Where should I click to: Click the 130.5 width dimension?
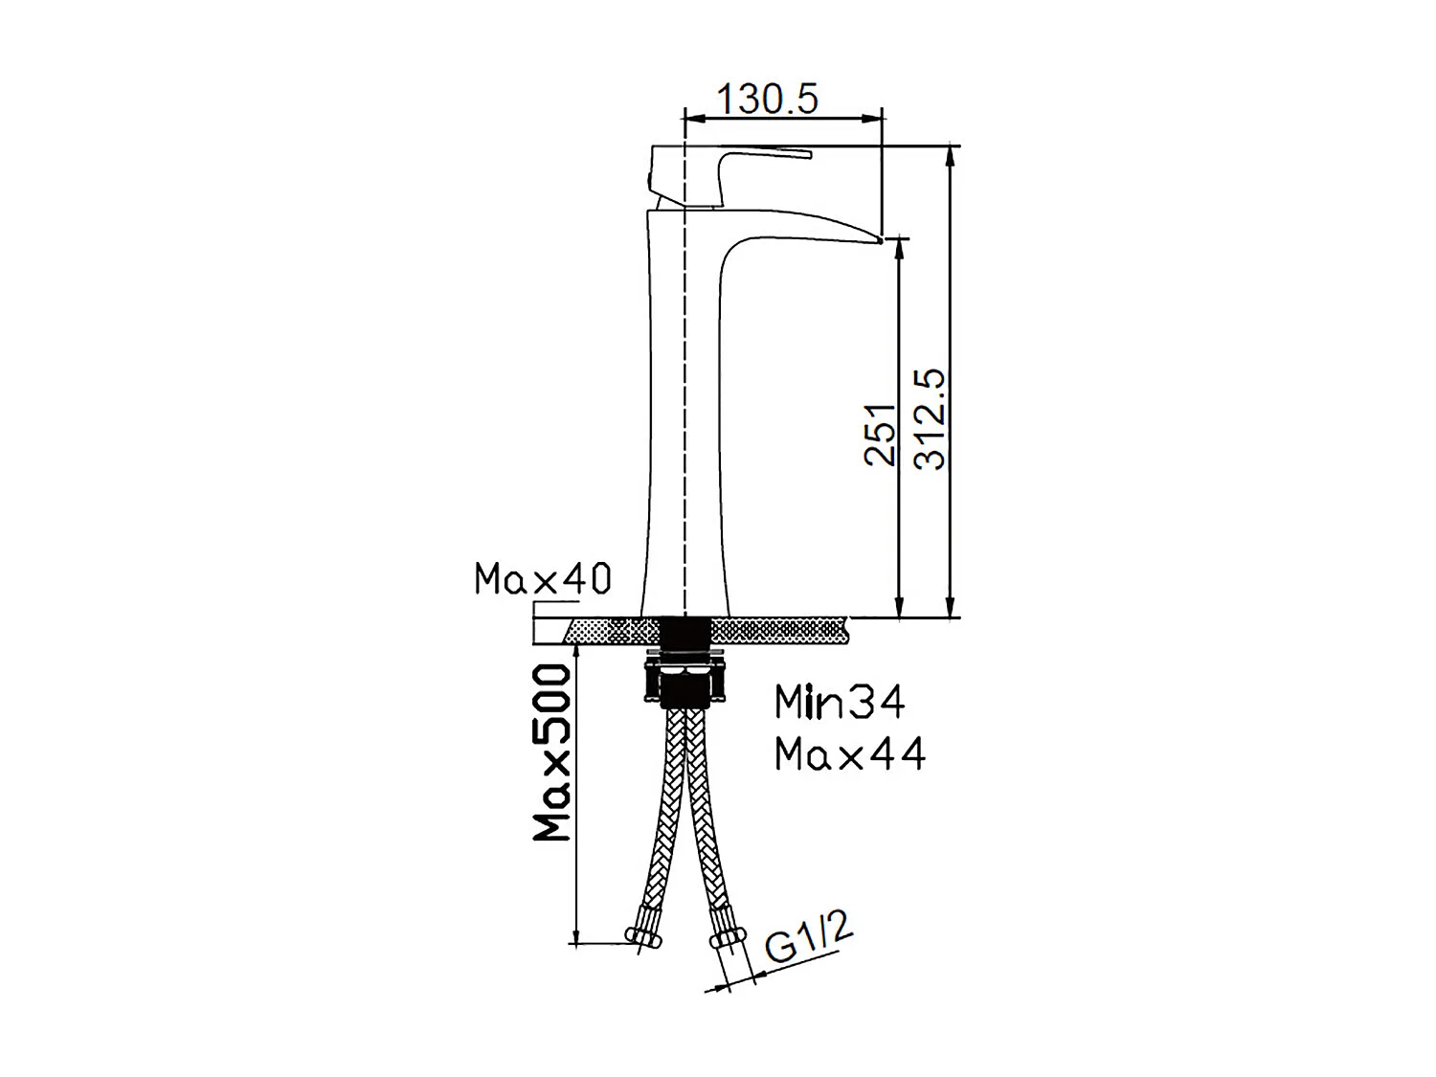(x=767, y=99)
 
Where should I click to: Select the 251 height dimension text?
(x=881, y=434)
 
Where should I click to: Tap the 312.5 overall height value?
(x=930, y=419)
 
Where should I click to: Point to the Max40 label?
(x=543, y=579)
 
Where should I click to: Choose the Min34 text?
(x=840, y=703)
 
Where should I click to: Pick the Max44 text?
(x=850, y=754)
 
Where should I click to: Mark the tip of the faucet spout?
(x=875, y=236)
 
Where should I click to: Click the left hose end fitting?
(x=642, y=935)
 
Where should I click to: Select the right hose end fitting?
(x=729, y=936)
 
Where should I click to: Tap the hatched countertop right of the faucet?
(x=780, y=630)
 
